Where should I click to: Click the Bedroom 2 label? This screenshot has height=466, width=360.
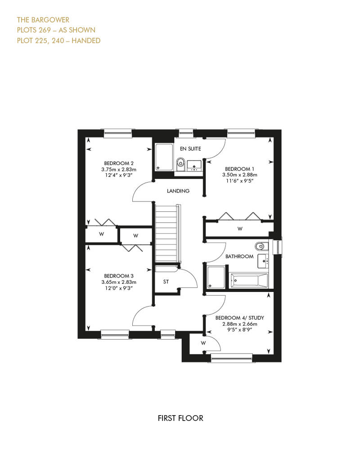click(119, 163)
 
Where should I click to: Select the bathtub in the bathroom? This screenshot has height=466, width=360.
click(249, 280)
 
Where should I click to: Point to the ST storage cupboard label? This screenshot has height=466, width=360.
click(166, 282)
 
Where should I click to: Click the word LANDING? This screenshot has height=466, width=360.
click(178, 191)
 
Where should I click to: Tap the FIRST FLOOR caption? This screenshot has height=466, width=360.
click(180, 418)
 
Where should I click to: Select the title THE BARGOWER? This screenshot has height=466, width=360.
click(43, 20)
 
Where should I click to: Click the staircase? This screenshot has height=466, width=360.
click(166, 233)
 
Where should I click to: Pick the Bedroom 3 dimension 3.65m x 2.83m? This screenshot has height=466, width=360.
click(119, 282)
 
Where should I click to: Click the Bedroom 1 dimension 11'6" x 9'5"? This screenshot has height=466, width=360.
click(239, 180)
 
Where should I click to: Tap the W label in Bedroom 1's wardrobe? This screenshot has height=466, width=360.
click(240, 229)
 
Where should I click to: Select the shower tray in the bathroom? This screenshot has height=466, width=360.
click(216, 277)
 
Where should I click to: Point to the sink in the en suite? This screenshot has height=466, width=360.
click(194, 165)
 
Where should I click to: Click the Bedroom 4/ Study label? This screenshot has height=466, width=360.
click(239, 318)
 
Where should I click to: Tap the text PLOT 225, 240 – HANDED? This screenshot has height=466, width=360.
click(58, 40)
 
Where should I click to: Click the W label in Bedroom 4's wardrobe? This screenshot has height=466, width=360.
click(203, 343)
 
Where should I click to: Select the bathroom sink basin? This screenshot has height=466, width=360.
click(263, 260)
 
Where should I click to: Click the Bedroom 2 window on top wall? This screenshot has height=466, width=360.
click(117, 134)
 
